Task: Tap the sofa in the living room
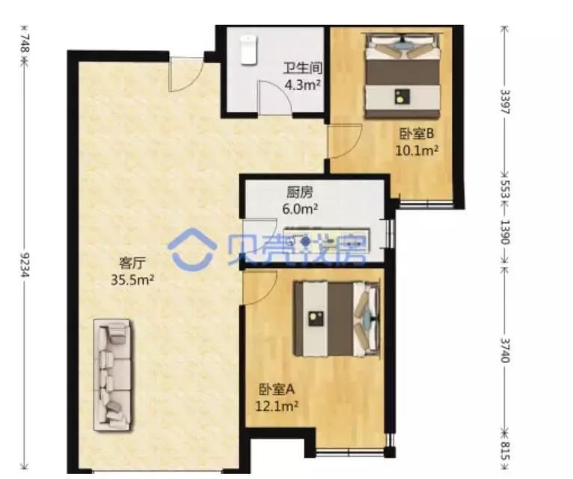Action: coord(112,373)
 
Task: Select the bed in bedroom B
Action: coord(402,79)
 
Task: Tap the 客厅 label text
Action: coord(132,263)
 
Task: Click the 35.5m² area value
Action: coord(132,281)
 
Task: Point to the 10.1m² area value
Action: coord(417,150)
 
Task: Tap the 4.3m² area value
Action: coord(301,85)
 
